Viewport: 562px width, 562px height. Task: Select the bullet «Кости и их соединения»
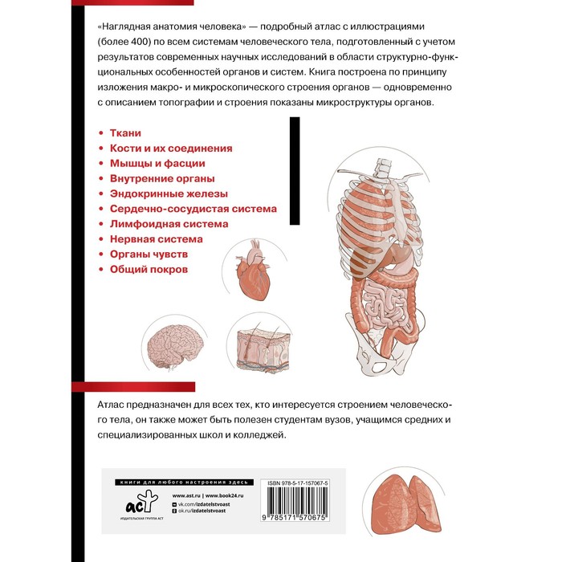(171, 148)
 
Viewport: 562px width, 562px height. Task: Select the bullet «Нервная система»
(156, 239)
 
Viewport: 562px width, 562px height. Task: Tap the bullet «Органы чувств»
(148, 255)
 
